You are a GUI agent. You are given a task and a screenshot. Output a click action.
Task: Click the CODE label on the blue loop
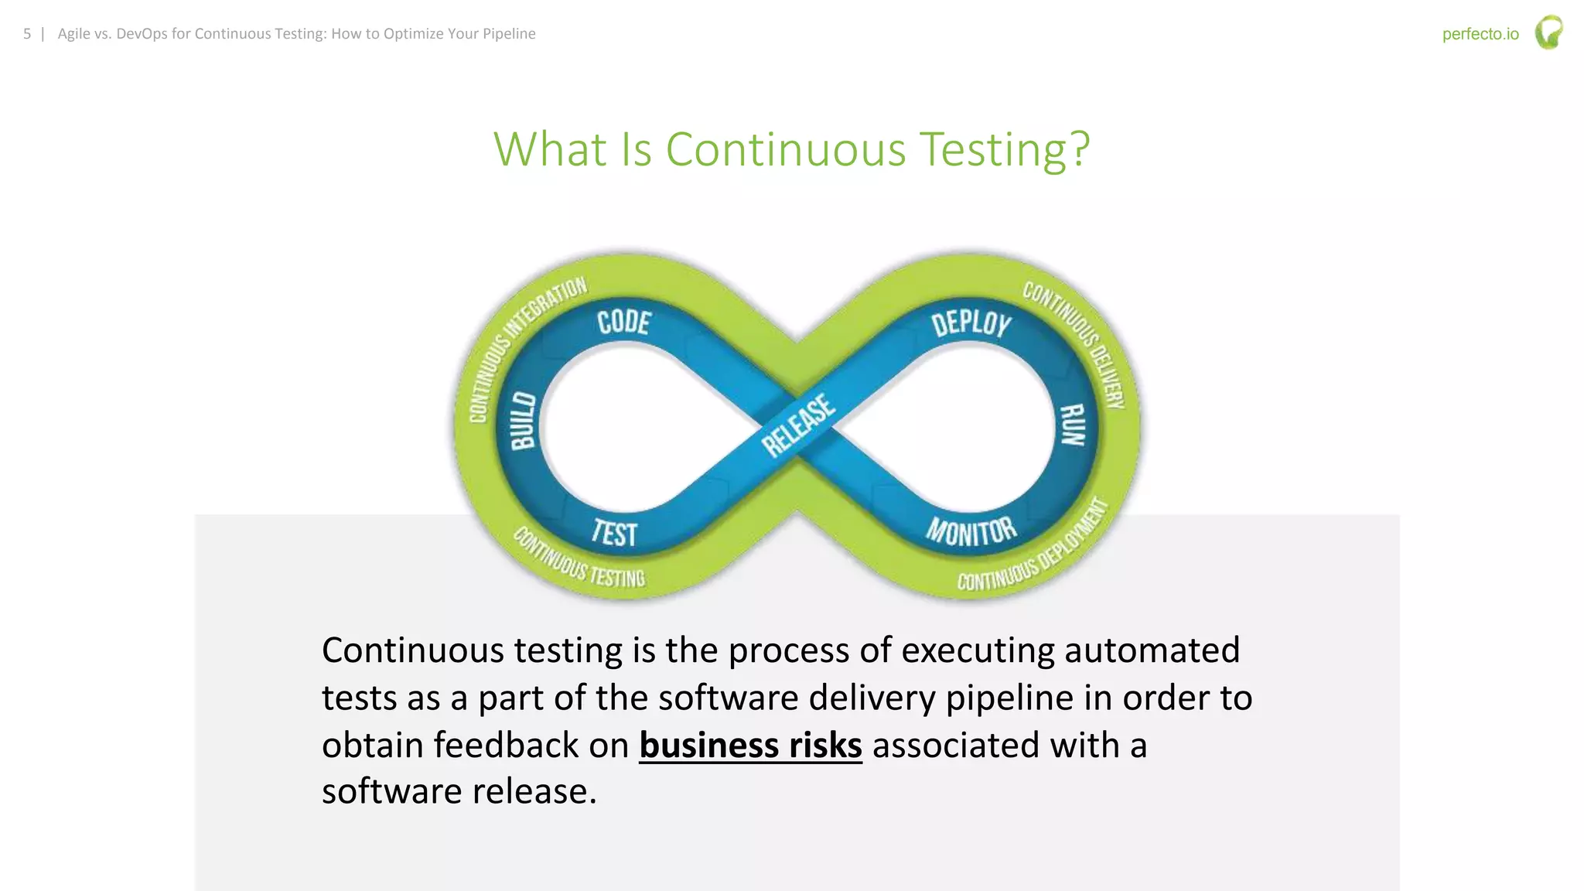pos(623,322)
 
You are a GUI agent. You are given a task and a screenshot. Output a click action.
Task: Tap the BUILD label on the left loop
pos(524,421)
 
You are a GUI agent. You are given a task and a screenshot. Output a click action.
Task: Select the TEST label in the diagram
pos(614,534)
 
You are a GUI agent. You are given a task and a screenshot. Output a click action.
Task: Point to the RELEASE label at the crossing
pos(798,425)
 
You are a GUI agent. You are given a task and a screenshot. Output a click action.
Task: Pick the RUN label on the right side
pos(1073,425)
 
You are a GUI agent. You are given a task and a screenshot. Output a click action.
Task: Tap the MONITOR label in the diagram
pos(971,531)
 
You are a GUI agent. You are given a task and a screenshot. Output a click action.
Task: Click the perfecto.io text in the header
pos(1480,34)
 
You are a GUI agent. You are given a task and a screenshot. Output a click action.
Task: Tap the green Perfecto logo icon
pos(1548,32)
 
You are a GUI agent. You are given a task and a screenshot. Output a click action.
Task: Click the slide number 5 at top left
pos(27,34)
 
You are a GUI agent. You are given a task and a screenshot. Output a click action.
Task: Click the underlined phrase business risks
pos(750,746)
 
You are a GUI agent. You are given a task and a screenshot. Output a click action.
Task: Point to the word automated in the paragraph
pos(1152,650)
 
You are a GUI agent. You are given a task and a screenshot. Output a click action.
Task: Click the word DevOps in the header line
pos(142,34)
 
